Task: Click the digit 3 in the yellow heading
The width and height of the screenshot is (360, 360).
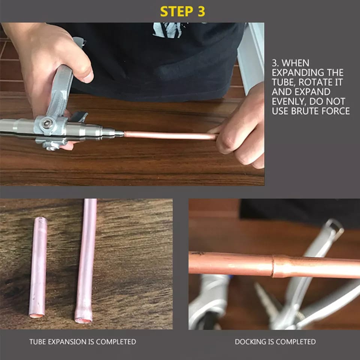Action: click(x=201, y=12)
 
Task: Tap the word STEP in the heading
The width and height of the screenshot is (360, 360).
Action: click(x=177, y=12)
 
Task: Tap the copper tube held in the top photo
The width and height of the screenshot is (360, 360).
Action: click(x=170, y=135)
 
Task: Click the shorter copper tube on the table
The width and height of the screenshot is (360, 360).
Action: click(x=38, y=267)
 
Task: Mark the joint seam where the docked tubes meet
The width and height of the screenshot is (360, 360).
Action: click(x=273, y=266)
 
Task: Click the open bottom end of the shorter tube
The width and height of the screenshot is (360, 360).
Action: click(x=37, y=315)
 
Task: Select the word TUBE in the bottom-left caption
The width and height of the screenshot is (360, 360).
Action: click(x=37, y=342)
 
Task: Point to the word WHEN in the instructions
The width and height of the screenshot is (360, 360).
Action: click(x=295, y=63)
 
